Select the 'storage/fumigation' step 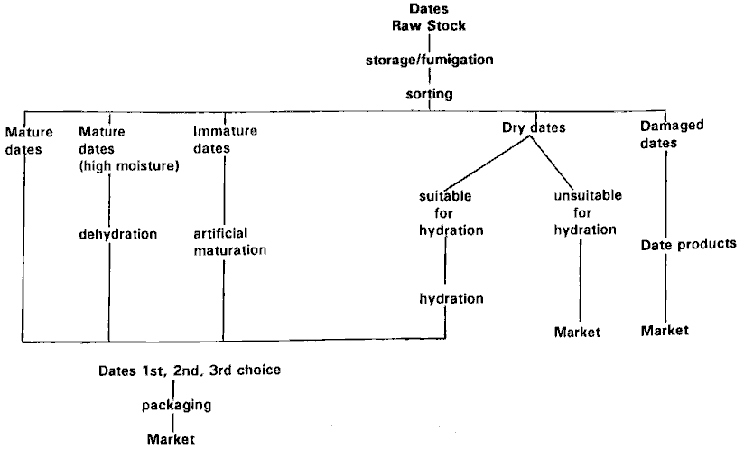tap(429, 61)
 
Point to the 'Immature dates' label tap(225, 139)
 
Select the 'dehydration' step tap(117, 234)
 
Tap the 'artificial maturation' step tap(230, 241)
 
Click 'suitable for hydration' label tap(451, 212)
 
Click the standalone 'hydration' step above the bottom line tap(451, 299)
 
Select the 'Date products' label tap(689, 245)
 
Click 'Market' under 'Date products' tap(665, 331)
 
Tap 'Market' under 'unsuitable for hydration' tap(578, 333)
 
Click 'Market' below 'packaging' tap(171, 439)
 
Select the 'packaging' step tap(177, 405)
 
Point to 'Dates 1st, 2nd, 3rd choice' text tap(196, 370)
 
